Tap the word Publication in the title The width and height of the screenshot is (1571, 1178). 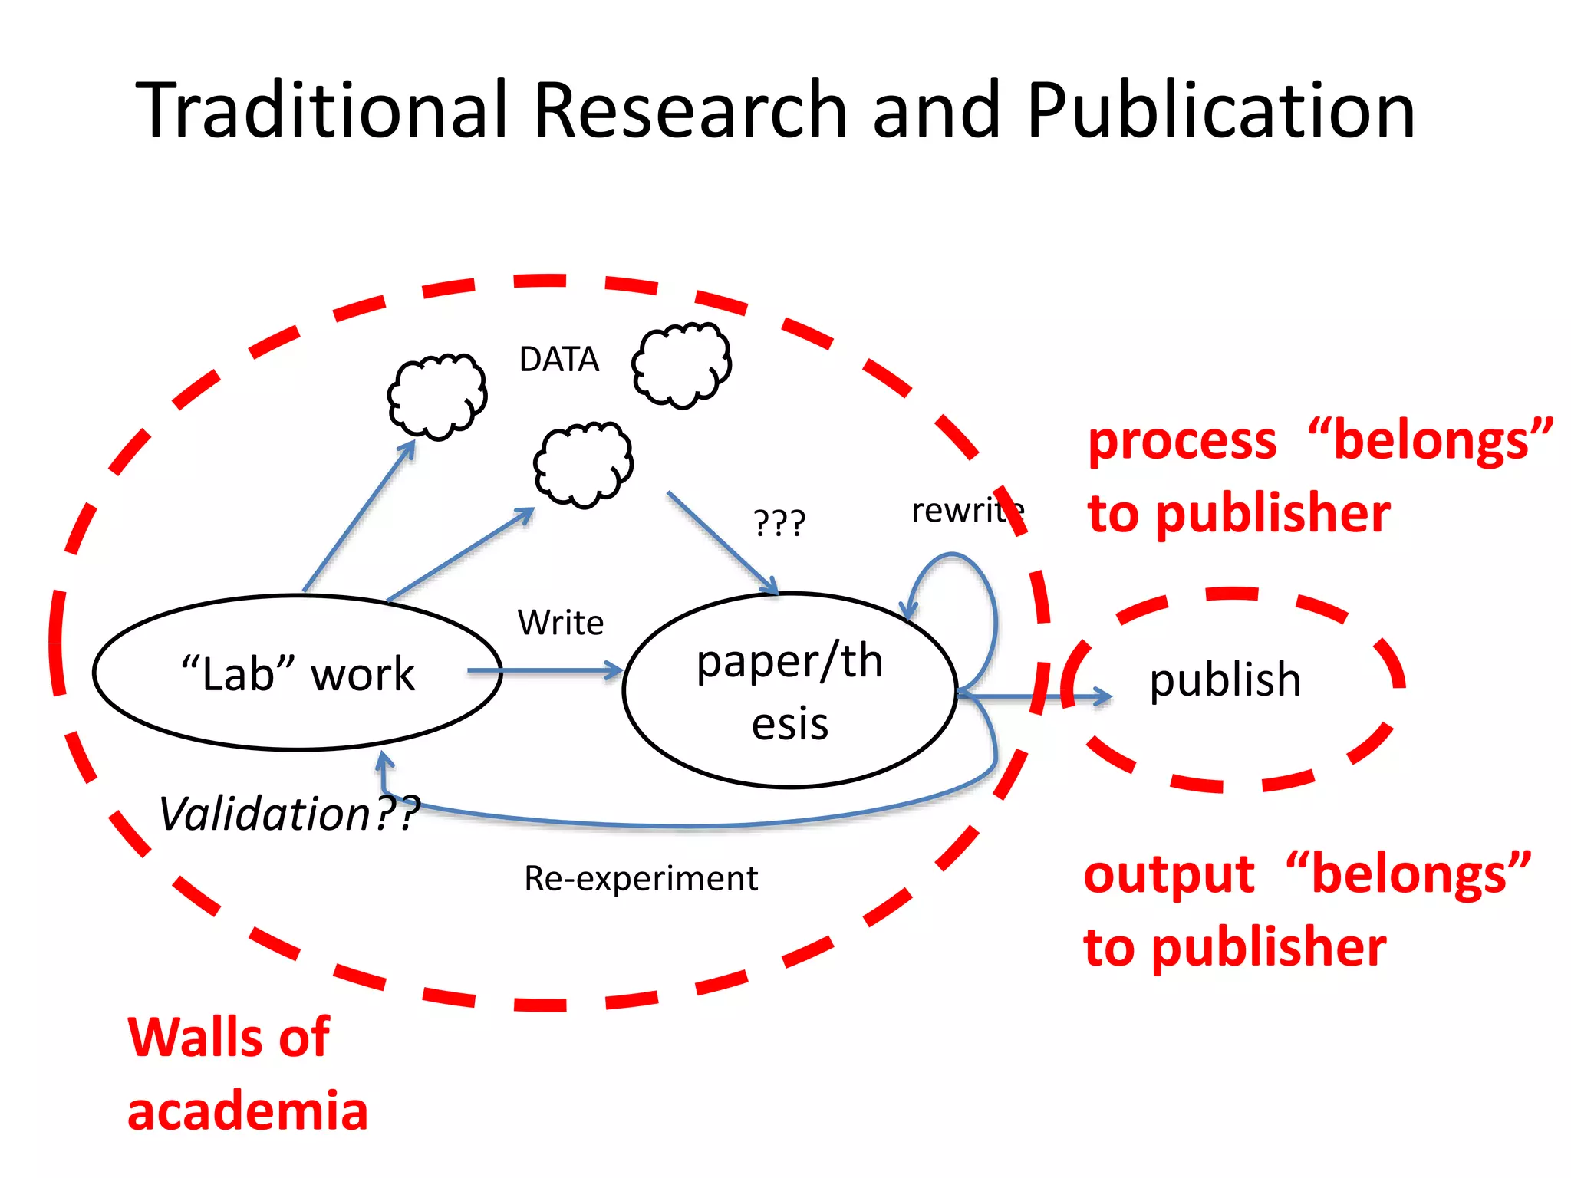[1221, 111]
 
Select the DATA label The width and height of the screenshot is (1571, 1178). [558, 360]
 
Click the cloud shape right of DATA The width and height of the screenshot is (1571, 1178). [681, 365]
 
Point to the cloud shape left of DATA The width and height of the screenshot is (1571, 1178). [437, 397]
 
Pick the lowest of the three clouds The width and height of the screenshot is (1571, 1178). [583, 464]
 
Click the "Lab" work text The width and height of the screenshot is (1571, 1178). [298, 674]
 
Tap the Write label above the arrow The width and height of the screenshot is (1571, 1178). [561, 623]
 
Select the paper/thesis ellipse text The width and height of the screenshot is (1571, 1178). [790, 691]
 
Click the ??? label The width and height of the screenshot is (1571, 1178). [779, 523]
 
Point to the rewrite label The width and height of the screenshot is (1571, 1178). [967, 511]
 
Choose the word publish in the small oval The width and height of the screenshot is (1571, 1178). [1225, 679]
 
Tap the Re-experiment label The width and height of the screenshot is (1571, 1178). [641, 878]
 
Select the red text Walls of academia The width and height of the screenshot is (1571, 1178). [245, 1074]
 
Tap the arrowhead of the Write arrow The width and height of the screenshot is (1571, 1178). [614, 671]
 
